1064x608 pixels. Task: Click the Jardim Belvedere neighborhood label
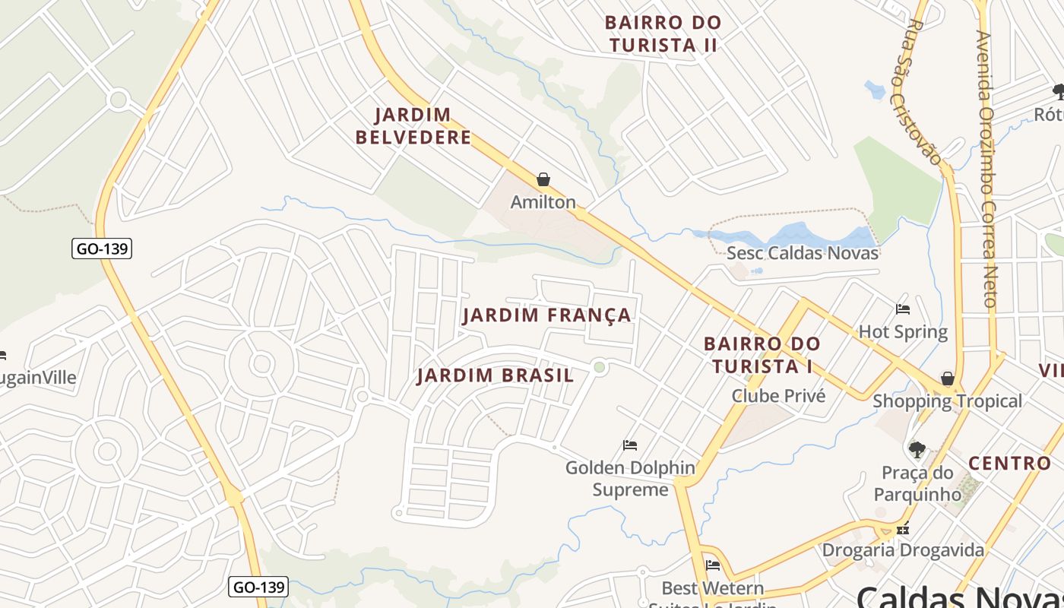point(423,126)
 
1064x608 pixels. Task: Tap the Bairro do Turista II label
point(663,33)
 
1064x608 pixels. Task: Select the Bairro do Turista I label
point(762,355)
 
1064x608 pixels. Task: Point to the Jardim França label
point(546,315)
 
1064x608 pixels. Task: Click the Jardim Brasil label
point(496,375)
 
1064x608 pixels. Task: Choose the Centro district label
point(1009,463)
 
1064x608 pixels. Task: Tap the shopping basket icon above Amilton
point(543,180)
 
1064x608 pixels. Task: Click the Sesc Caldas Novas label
point(803,253)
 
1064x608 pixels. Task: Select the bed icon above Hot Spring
point(903,309)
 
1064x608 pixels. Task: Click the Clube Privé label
point(778,395)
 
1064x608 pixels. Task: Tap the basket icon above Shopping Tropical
point(948,378)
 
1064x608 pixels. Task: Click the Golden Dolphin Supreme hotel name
point(630,478)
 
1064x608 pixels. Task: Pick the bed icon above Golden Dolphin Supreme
point(630,445)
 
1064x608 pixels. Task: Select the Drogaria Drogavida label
point(903,549)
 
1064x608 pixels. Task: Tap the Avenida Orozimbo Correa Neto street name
point(987,167)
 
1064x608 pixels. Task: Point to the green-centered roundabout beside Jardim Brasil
point(600,368)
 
